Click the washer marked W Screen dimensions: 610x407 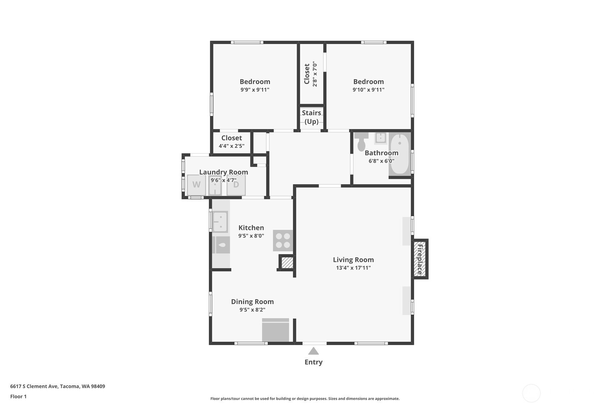pyautogui.click(x=196, y=185)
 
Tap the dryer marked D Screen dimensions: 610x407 pyautogui.click(x=236, y=185)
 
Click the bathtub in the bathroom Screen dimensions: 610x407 pyautogui.click(x=400, y=154)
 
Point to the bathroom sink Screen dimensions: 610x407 pyautogui.click(x=380, y=138)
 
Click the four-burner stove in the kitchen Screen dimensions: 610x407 pyautogui.click(x=283, y=240)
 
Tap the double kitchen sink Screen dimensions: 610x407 pyautogui.click(x=220, y=222)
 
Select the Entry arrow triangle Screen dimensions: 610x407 pyautogui.click(x=313, y=351)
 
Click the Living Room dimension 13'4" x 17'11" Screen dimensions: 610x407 pyautogui.click(x=353, y=268)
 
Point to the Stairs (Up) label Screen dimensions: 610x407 pyautogui.click(x=312, y=117)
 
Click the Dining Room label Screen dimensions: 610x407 pyautogui.click(x=252, y=302)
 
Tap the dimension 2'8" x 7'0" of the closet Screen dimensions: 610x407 pyautogui.click(x=315, y=74)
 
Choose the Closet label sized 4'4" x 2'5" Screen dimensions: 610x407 pyautogui.click(x=231, y=138)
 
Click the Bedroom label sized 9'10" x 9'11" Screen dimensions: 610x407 pyautogui.click(x=368, y=82)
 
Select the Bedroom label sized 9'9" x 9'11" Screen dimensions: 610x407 pyautogui.click(x=255, y=82)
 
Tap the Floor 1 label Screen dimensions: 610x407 pyautogui.click(x=18, y=397)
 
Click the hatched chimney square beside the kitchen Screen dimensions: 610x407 pyautogui.click(x=287, y=263)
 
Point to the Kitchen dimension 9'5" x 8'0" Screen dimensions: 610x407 pyautogui.click(x=251, y=236)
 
